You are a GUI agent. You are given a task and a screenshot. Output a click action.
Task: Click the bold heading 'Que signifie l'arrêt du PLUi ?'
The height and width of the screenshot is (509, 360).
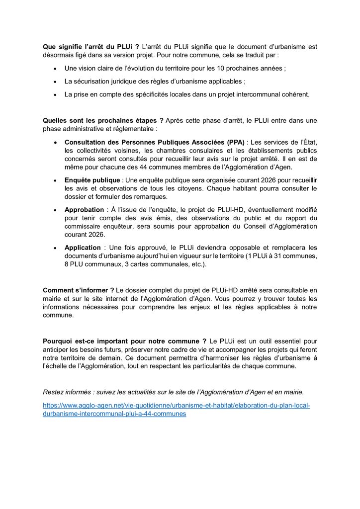pos(88,47)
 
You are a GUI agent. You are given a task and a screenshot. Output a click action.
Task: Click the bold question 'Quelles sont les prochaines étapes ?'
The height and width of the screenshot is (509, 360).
pos(103,120)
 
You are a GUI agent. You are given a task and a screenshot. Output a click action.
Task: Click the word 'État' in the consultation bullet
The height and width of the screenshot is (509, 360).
pos(310,142)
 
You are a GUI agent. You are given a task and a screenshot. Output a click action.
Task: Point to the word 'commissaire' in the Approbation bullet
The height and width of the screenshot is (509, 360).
pos(83,226)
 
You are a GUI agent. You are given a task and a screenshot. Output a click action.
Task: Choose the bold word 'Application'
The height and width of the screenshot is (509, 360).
pos(83,248)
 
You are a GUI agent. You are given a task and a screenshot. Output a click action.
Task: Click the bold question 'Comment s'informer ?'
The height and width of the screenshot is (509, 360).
pos(79,290)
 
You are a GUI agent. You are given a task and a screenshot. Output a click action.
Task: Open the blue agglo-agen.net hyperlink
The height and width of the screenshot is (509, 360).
pos(176,406)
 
